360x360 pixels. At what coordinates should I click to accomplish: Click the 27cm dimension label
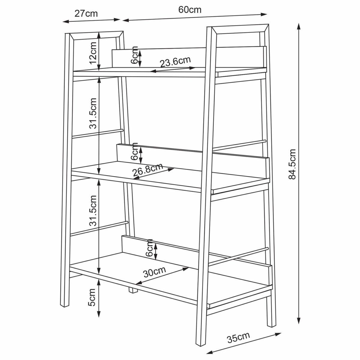pos(86,13)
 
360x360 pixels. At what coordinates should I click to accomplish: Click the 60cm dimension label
pos(190,10)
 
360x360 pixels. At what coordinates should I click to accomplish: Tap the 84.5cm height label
pos(292,164)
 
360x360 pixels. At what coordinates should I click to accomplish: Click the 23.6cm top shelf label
pos(175,62)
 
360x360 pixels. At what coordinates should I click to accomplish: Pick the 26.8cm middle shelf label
pos(148,170)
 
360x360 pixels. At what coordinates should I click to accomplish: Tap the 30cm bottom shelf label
pos(154,272)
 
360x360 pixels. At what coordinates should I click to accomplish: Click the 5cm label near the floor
pos(92,297)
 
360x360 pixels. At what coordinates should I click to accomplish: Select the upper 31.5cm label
pos(93,113)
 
